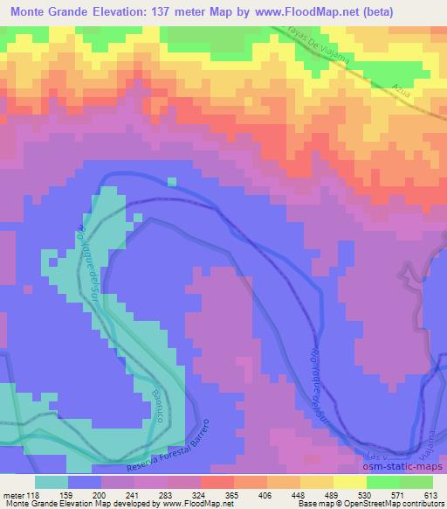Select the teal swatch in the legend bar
pyautogui.click(x=52, y=482)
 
